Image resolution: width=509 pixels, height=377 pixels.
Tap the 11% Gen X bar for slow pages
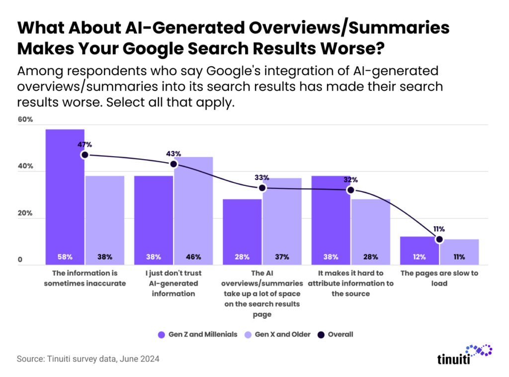pyautogui.click(x=459, y=252)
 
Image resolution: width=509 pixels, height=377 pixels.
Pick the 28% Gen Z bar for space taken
pyautogui.click(x=242, y=231)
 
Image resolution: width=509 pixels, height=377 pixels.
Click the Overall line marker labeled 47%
pyautogui.click(x=85, y=155)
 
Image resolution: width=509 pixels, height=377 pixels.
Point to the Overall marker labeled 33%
pyautogui.click(x=262, y=188)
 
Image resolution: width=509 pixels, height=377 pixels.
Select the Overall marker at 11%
pyautogui.click(x=439, y=239)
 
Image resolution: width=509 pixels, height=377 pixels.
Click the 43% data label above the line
pyautogui.click(x=173, y=153)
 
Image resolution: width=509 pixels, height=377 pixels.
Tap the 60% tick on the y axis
pyautogui.click(x=26, y=120)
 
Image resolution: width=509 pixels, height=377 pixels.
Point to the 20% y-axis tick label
pyautogui.click(x=26, y=213)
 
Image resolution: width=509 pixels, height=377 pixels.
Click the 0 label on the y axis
pyautogui.click(x=21, y=260)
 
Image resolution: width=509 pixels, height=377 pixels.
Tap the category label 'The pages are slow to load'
pyautogui.click(x=439, y=278)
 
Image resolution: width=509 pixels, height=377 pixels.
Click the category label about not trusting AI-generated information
pyautogui.click(x=173, y=283)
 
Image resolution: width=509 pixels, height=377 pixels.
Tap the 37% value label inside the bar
pyautogui.click(x=282, y=257)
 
